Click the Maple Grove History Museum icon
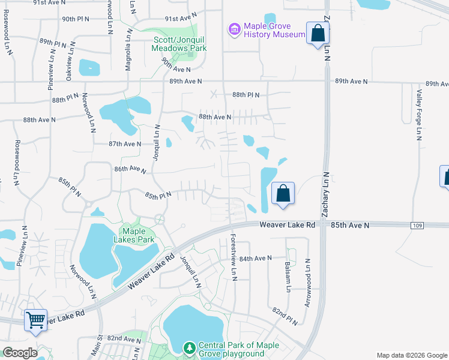click(234, 29)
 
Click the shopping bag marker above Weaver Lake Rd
click(283, 194)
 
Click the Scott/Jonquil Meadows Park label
click(179, 44)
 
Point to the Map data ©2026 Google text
click(411, 355)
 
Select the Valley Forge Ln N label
click(419, 113)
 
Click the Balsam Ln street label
click(288, 277)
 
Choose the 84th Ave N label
click(255, 258)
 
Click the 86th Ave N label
click(130, 170)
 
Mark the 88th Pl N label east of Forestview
click(246, 95)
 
